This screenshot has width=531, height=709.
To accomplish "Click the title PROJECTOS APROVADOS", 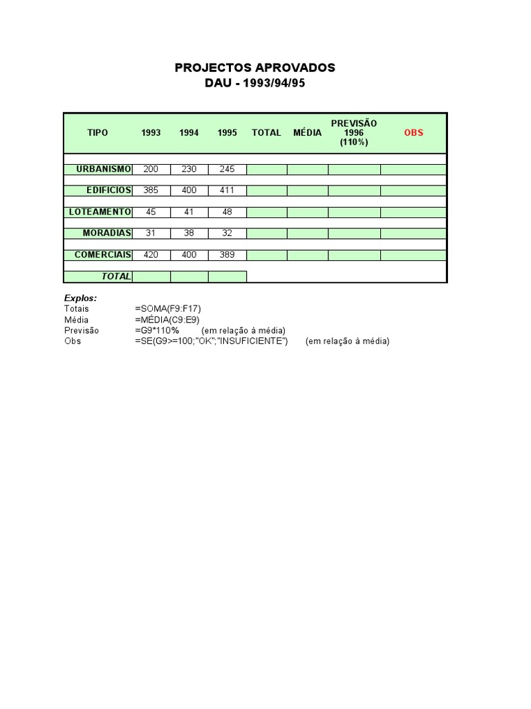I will (254, 68).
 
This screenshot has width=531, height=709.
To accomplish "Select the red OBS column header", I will (413, 132).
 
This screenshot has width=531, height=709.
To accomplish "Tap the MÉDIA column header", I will (307, 132).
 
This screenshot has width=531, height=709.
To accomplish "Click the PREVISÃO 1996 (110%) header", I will (353, 132).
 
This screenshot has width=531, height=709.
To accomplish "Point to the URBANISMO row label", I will (103, 170).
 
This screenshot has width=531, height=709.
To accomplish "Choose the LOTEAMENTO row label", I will (100, 212).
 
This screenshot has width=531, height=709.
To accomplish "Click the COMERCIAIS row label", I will (102, 255).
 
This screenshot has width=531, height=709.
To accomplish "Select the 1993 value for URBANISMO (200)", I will (151, 170).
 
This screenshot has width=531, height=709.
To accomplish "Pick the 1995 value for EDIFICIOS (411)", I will (227, 190).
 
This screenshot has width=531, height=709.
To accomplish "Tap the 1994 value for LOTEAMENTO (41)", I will (189, 212).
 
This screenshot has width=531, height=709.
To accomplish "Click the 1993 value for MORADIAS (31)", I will (151, 233).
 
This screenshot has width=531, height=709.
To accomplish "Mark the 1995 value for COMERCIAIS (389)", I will (227, 255).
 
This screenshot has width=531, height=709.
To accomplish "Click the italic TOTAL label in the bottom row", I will (116, 276).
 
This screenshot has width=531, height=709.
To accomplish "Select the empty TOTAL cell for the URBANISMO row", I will (266, 170).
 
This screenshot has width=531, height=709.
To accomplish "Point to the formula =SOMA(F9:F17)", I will (168, 309).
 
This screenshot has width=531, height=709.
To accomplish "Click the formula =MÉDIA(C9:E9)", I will (168, 320).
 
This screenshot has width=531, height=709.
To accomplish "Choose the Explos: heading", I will (80, 298).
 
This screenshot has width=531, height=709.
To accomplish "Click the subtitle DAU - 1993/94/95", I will (254, 83).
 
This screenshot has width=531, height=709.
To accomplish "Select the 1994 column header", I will (189, 132).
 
